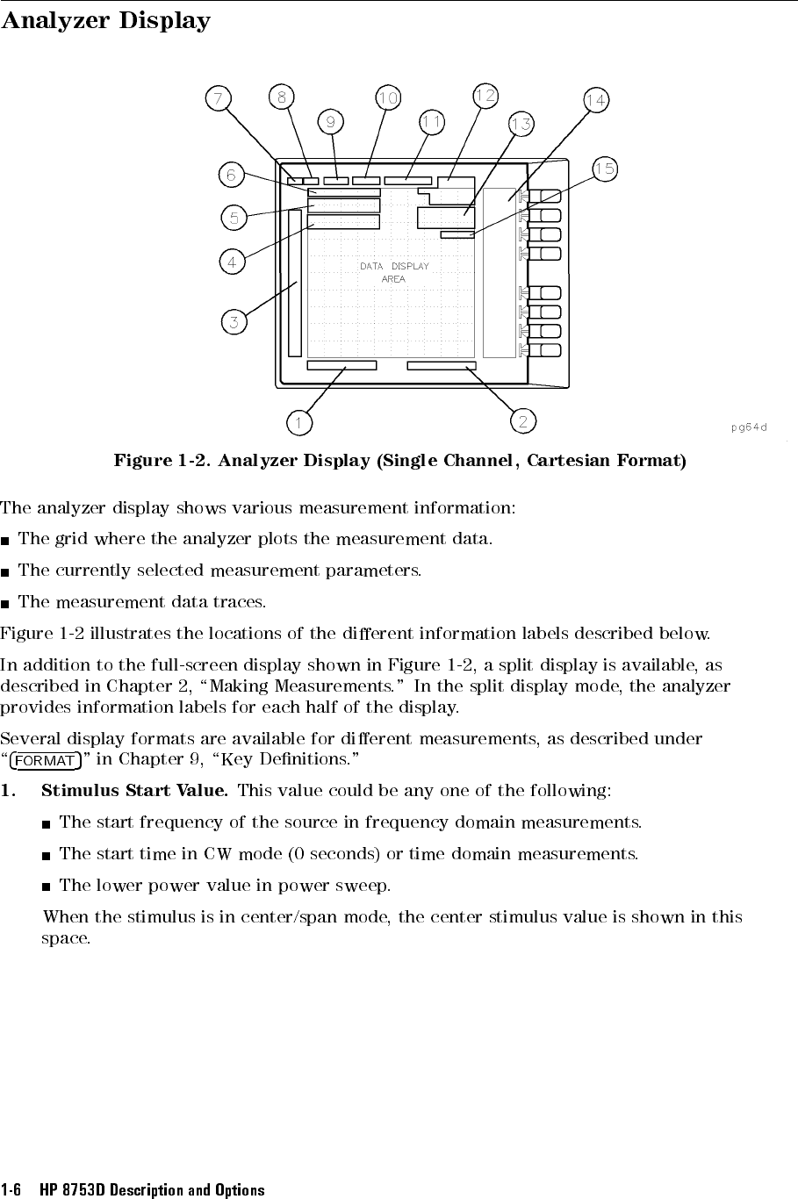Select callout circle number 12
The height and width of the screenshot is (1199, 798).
[485, 94]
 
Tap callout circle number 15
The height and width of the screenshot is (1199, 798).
[604, 169]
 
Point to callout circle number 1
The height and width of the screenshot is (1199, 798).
[299, 423]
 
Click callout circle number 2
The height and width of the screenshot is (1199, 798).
[522, 421]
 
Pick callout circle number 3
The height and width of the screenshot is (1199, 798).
[234, 322]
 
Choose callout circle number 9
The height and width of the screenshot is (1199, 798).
[331, 122]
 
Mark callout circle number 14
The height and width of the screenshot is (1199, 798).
[595, 100]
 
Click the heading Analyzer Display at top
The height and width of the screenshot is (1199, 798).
[105, 20]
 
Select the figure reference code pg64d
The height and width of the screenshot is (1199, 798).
[748, 427]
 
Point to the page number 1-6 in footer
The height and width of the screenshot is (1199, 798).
[11, 1190]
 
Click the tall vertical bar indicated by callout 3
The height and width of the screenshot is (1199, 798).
[294, 282]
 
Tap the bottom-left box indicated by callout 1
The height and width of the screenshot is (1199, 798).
[341, 365]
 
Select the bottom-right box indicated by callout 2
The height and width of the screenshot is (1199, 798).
[442, 365]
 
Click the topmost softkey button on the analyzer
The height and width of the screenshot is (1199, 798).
[550, 196]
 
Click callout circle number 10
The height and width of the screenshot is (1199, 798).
[388, 97]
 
